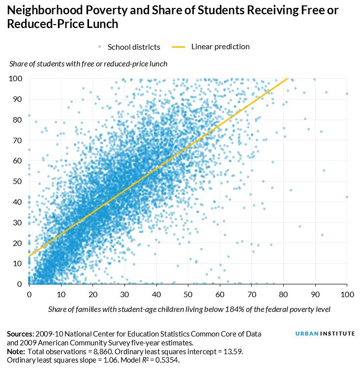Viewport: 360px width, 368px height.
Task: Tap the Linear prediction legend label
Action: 220,47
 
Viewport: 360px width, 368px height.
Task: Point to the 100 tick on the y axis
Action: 16,78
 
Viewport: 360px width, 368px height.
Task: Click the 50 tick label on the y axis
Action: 18,181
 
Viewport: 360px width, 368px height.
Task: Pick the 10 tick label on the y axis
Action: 18,263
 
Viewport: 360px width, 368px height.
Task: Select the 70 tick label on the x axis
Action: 251,294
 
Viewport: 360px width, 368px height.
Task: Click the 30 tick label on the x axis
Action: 124,294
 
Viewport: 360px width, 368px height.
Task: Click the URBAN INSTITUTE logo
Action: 325,334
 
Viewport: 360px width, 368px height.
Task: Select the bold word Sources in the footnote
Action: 20,334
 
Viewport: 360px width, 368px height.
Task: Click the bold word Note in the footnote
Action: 16,351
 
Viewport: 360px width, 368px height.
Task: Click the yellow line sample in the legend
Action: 178,47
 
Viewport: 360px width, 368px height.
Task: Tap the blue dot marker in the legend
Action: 100,47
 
